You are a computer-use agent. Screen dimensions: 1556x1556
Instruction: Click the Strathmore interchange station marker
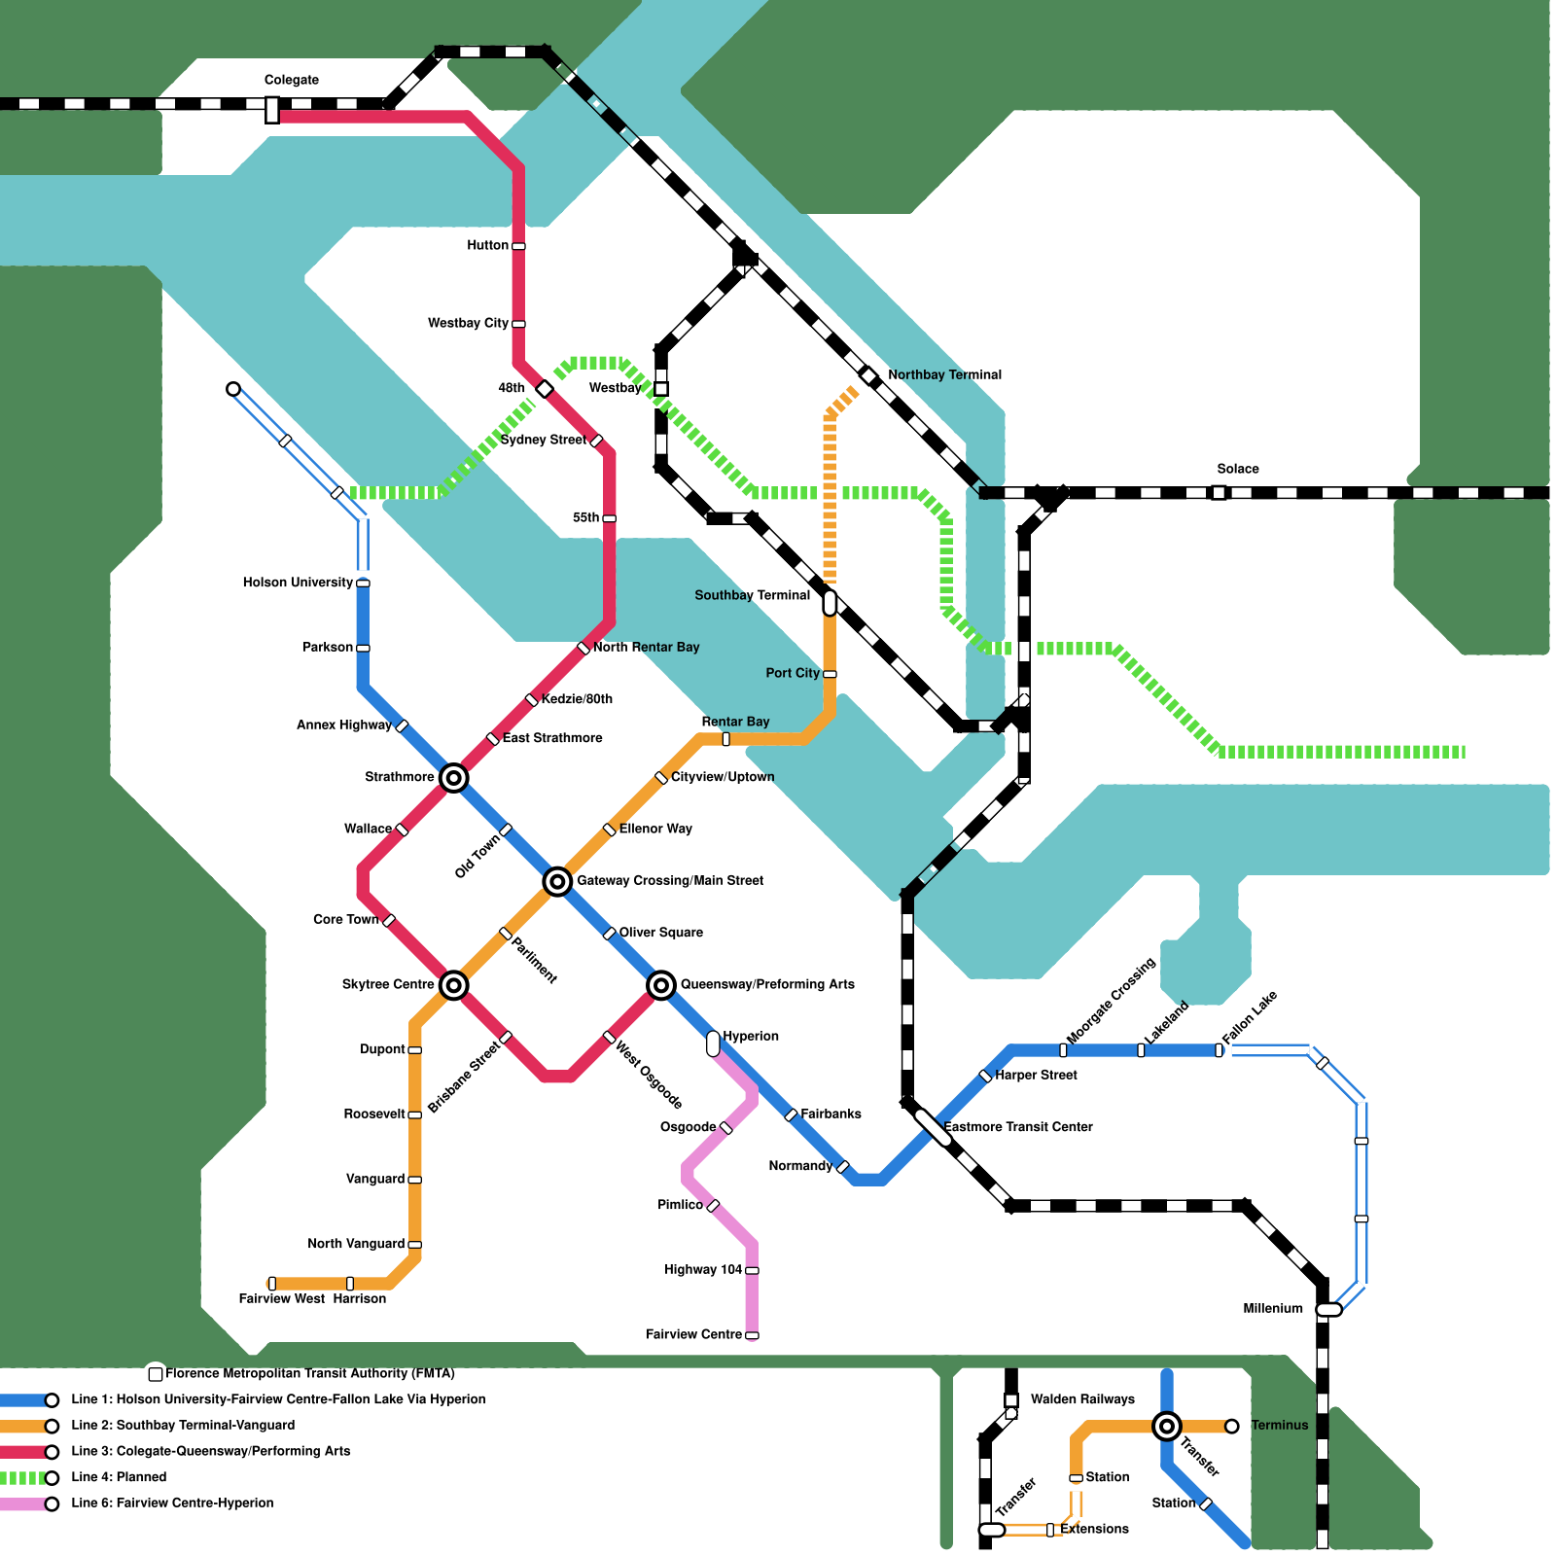coord(453,777)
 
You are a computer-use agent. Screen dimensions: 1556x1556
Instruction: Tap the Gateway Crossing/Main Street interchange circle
coord(557,881)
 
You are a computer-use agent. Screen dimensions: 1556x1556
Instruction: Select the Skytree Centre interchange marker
coord(453,985)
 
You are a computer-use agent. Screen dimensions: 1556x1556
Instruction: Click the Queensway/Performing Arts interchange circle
coord(661,985)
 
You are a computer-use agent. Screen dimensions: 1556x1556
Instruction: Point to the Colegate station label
coord(292,80)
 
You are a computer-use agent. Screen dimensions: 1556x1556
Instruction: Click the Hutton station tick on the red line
coord(518,246)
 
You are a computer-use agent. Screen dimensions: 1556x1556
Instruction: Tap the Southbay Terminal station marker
coord(830,603)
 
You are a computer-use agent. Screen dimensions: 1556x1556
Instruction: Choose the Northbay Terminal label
coord(944,374)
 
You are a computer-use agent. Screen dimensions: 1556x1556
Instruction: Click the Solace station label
coord(1237,469)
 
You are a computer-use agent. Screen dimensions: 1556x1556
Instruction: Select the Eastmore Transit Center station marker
coord(934,1127)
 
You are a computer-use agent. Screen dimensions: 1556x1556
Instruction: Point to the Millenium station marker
coord(1328,1310)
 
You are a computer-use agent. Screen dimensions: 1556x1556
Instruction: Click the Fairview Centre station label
coord(693,1334)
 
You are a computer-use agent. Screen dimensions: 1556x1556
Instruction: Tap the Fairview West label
coord(281,1298)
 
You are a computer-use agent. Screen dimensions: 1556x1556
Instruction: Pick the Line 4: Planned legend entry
coord(119,1476)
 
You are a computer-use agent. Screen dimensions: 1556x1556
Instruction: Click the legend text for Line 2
coord(183,1425)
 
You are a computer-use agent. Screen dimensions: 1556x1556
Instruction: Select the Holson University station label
coord(298,583)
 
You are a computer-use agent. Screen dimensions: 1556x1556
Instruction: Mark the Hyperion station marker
coord(713,1043)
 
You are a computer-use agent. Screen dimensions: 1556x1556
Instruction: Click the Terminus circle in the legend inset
coord(1232,1426)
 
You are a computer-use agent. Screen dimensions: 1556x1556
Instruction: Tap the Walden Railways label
coord(1082,1399)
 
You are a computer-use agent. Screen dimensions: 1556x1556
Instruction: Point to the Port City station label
coord(793,673)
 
